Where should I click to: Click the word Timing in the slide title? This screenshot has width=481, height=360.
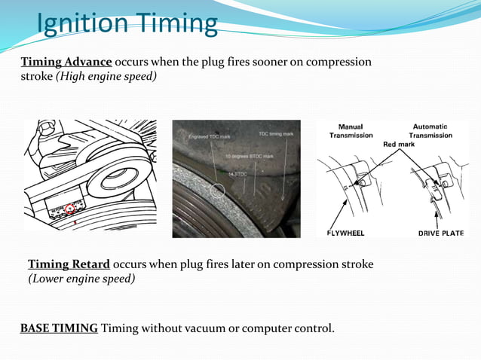click(x=176, y=24)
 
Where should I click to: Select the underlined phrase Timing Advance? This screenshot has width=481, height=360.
click(x=66, y=62)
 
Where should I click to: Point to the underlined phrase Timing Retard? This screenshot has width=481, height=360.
click(x=69, y=264)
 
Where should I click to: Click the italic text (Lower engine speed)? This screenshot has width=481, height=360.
click(x=81, y=279)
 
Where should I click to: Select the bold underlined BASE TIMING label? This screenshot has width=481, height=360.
click(x=59, y=328)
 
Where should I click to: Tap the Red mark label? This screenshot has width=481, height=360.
click(x=399, y=144)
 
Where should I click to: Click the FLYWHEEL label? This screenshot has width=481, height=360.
click(x=345, y=233)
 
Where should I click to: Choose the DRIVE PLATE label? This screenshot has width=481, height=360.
click(x=441, y=233)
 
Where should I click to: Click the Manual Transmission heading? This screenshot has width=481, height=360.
click(x=351, y=131)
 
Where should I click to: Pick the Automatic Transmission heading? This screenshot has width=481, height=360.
click(x=431, y=131)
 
